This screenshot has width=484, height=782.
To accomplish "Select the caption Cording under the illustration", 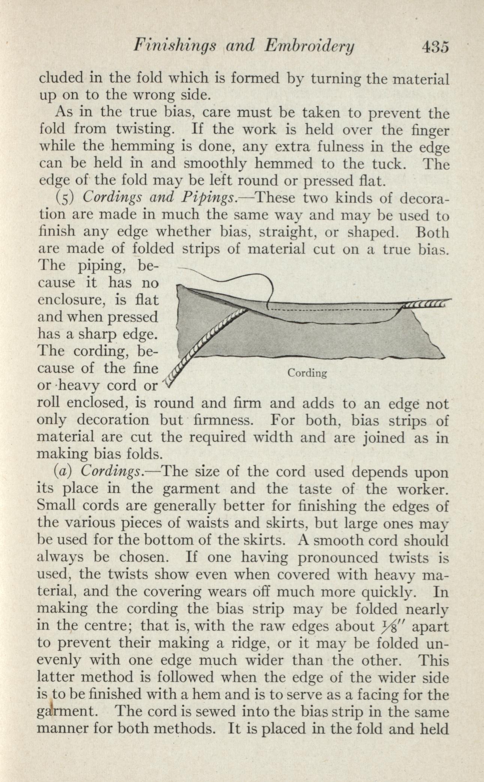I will pyautogui.click(x=307, y=373).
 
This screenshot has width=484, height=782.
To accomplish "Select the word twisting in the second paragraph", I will pyautogui.click(x=145, y=129).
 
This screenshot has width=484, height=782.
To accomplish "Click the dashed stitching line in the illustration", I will pyautogui.click(x=334, y=309).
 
